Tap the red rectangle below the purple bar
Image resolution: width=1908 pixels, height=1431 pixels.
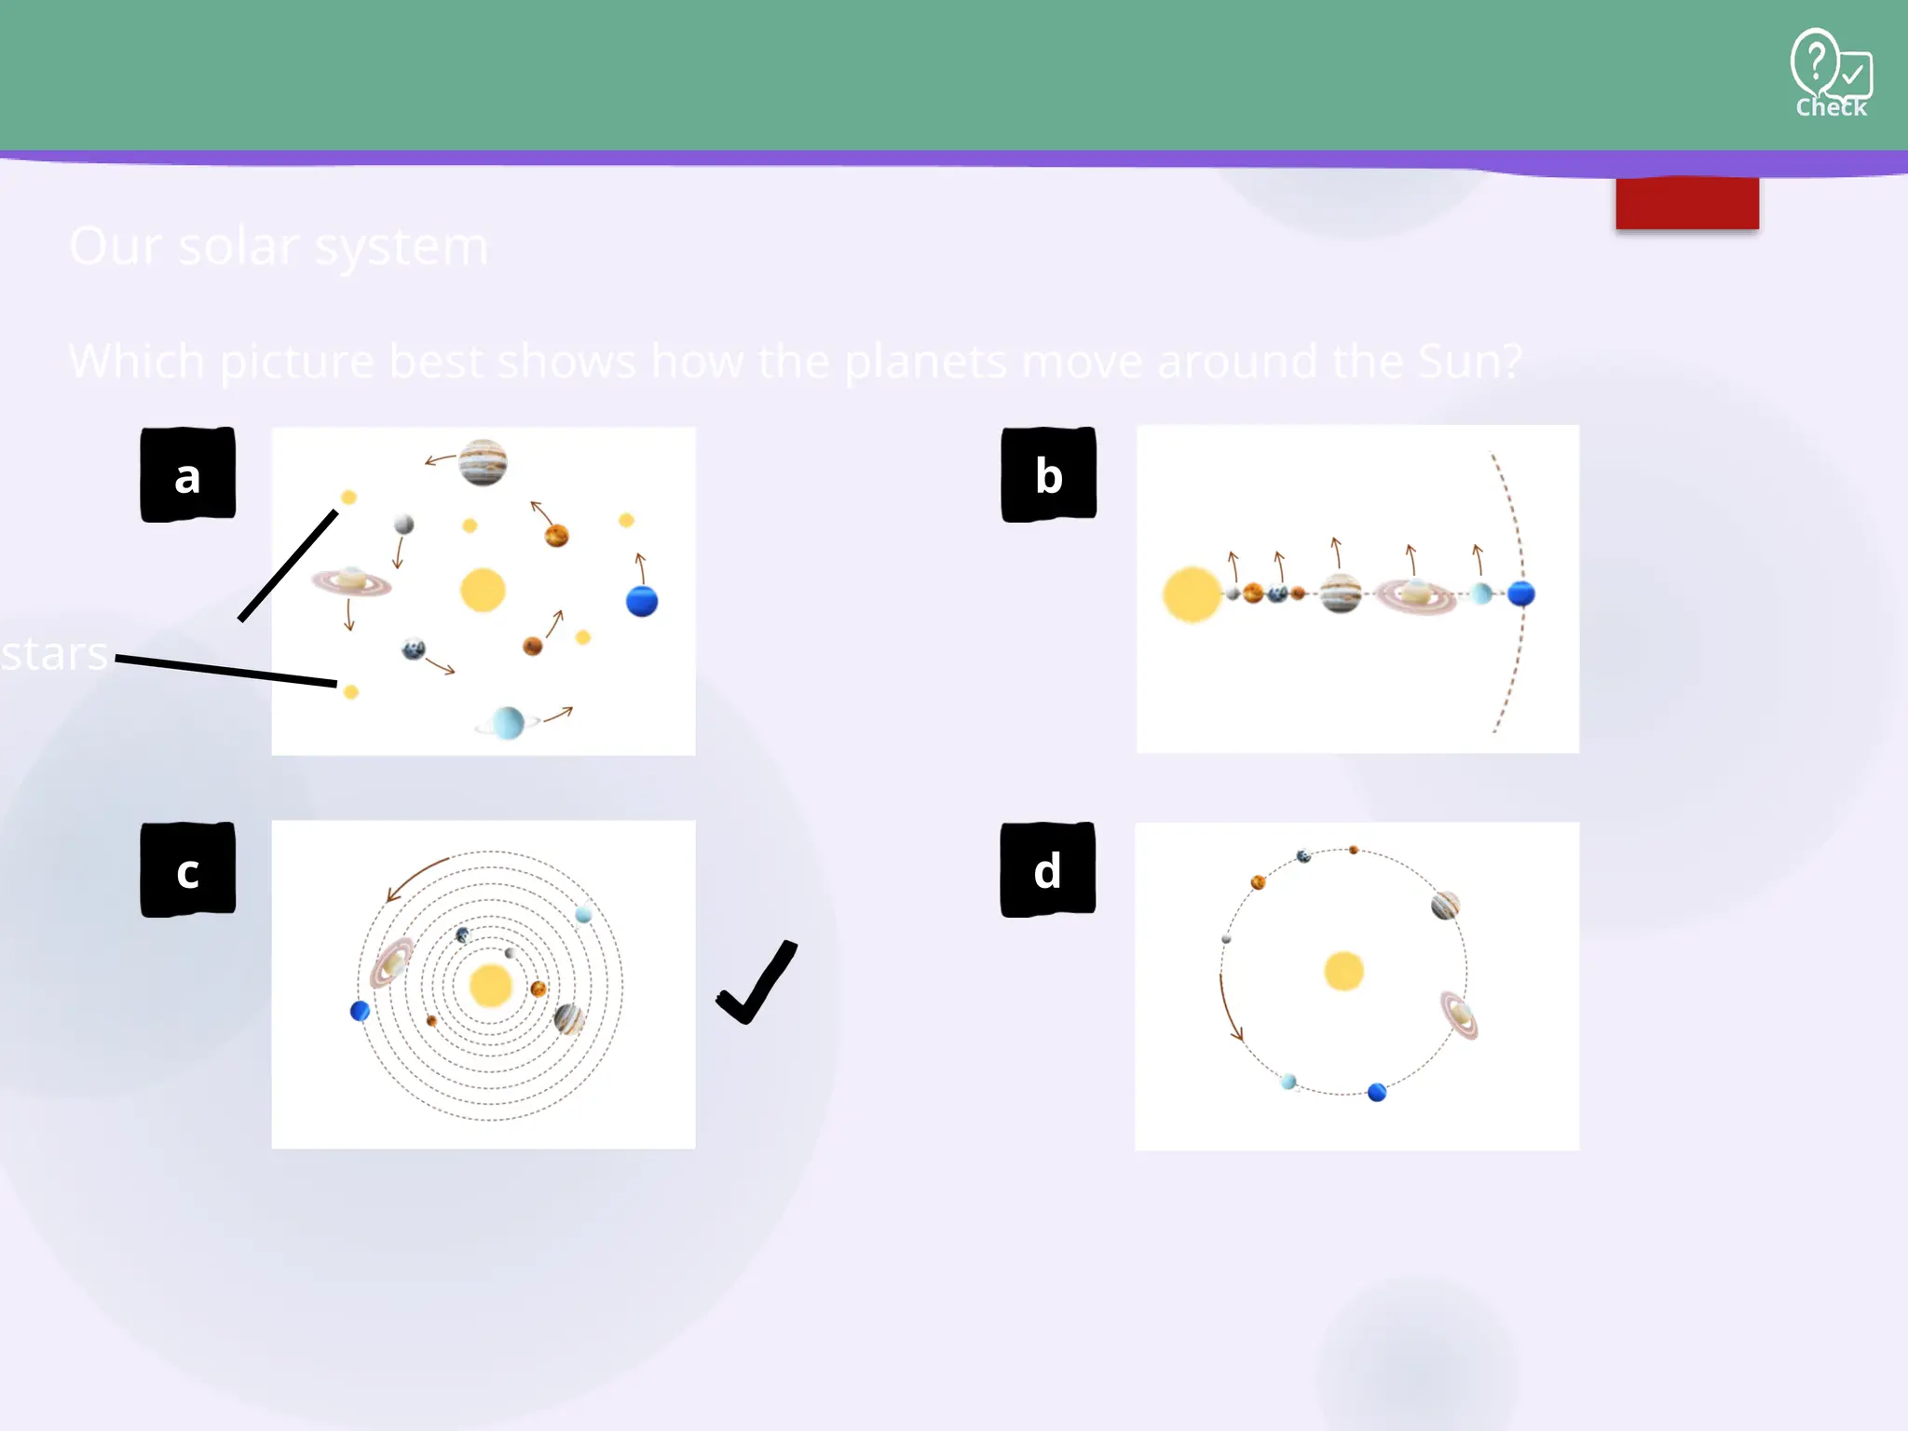1687,203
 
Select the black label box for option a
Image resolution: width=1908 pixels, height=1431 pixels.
187,475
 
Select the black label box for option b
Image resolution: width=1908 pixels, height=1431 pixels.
1048,475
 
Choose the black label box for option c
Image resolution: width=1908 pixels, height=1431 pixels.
187,870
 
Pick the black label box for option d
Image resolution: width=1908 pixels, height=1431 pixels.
1047,870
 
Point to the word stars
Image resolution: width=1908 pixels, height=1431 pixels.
54,654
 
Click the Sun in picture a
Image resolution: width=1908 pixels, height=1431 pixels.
483,591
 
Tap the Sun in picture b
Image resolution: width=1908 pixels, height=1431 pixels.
1192,594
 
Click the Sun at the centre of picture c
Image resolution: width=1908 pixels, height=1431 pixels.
491,986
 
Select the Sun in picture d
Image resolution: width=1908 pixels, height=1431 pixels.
1343,972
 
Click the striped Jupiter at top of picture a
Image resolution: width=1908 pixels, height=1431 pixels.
483,462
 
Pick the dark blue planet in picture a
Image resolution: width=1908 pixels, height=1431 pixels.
642,601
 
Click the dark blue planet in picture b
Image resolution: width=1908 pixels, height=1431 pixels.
1521,593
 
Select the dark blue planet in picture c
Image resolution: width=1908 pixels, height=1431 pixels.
360,1011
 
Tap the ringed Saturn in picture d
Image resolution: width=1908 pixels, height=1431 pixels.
1458,1015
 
